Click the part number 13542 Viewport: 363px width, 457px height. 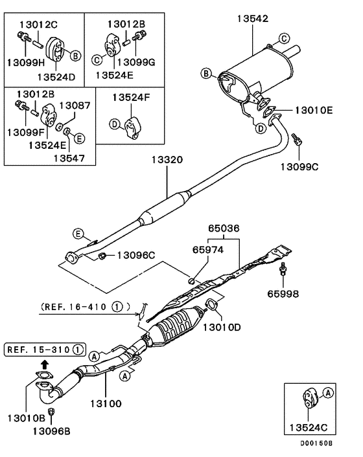point(252,19)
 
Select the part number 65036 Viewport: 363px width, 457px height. point(224,228)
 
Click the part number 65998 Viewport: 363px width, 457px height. point(284,293)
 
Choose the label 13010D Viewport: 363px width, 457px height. point(222,327)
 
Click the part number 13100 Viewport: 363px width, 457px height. point(105,403)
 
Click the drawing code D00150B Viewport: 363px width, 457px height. point(316,443)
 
